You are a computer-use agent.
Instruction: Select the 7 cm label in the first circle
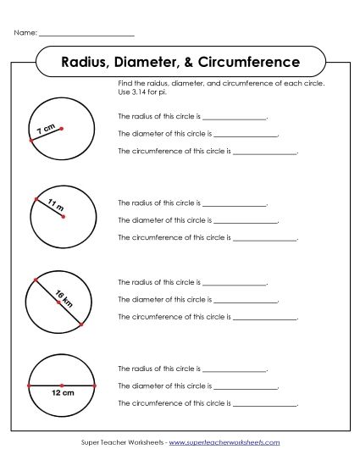[x=47, y=130]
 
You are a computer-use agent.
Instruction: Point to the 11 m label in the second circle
[x=56, y=205]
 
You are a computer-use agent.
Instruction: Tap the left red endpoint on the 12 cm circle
[x=30, y=385]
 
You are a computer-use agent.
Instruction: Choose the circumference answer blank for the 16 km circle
[x=264, y=319]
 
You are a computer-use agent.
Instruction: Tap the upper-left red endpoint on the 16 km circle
[x=35, y=279]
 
